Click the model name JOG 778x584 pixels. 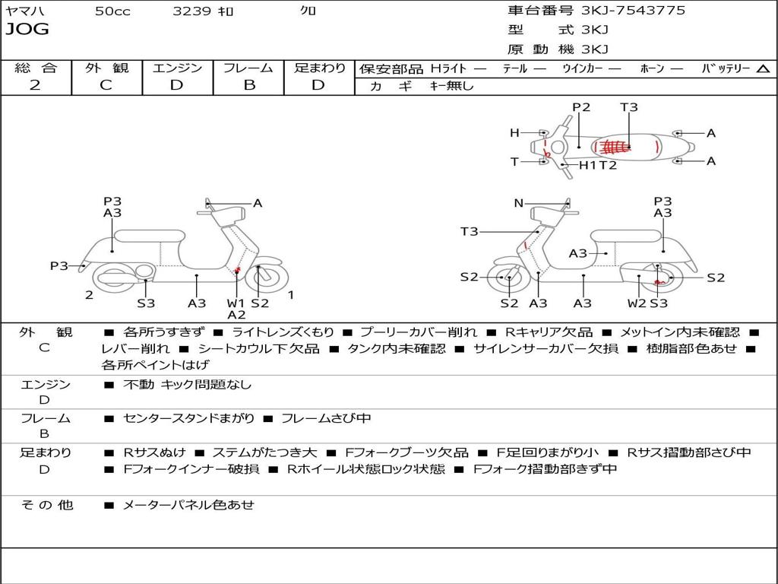click(x=27, y=29)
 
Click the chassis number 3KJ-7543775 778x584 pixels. click(x=633, y=10)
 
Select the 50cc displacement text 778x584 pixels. click(x=112, y=11)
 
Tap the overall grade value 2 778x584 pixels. click(x=35, y=85)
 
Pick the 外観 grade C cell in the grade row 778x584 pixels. click(x=106, y=85)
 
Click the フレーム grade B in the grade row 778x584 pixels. click(x=249, y=85)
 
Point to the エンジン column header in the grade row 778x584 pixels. click(x=177, y=68)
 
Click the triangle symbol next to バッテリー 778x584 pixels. click(x=763, y=68)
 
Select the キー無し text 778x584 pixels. click(x=451, y=86)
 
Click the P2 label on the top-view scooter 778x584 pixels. click(x=581, y=107)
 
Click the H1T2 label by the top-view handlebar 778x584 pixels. click(x=598, y=165)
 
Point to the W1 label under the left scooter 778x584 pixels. click(x=236, y=303)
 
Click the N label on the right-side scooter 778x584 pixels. click(x=518, y=203)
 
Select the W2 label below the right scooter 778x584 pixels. click(x=637, y=303)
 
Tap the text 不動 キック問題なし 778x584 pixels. click(x=187, y=384)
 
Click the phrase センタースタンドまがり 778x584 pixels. click(x=188, y=419)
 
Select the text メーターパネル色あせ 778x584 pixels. click(x=188, y=505)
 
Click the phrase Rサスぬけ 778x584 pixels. click(x=154, y=452)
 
